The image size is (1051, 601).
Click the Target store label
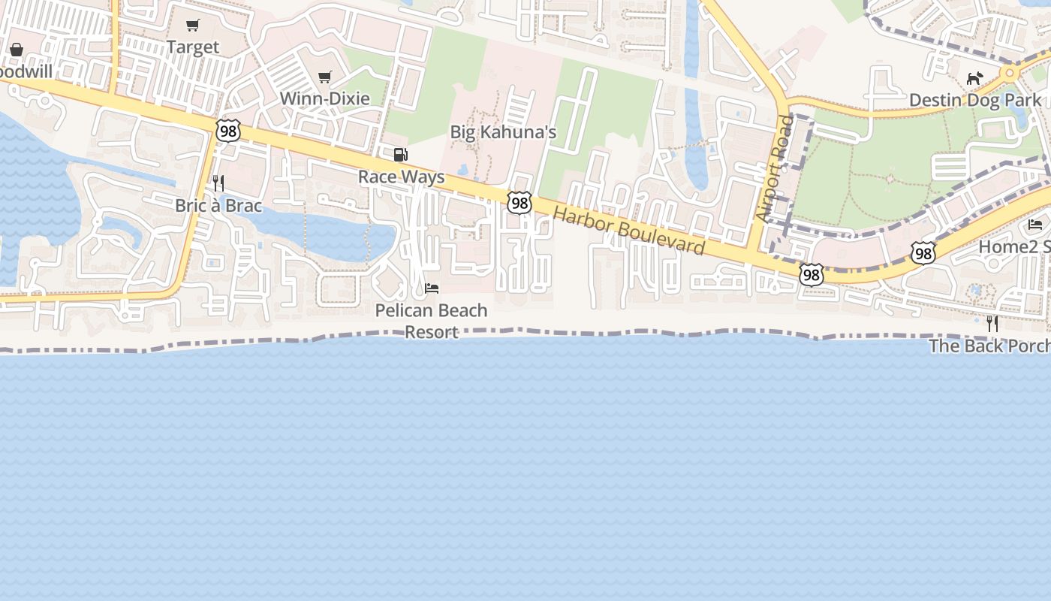pyautogui.click(x=193, y=47)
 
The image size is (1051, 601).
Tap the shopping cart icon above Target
pyautogui.click(x=193, y=26)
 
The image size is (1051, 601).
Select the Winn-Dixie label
pyautogui.click(x=324, y=98)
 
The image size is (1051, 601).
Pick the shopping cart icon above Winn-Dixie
pyautogui.click(x=325, y=77)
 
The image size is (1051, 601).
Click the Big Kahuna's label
pyautogui.click(x=503, y=132)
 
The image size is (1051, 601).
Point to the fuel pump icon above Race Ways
pyautogui.click(x=401, y=155)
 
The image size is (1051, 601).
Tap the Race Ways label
pyautogui.click(x=401, y=177)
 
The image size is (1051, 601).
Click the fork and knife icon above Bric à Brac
pyautogui.click(x=218, y=183)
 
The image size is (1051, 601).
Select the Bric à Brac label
pyautogui.click(x=218, y=205)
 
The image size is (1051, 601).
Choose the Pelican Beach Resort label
pyautogui.click(x=431, y=321)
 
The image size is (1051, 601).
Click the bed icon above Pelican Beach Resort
pyautogui.click(x=432, y=288)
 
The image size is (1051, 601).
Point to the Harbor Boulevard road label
pyautogui.click(x=629, y=231)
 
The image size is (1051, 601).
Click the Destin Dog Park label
pyautogui.click(x=974, y=100)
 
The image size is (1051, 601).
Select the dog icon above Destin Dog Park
pyautogui.click(x=974, y=78)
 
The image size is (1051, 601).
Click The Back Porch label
pyautogui.click(x=989, y=346)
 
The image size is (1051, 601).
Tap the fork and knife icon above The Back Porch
pyautogui.click(x=992, y=324)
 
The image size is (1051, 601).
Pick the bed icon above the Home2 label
pyautogui.click(x=1035, y=225)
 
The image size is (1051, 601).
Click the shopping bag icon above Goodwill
pyautogui.click(x=17, y=50)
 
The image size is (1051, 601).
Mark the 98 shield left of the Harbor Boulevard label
pyautogui.click(x=519, y=202)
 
